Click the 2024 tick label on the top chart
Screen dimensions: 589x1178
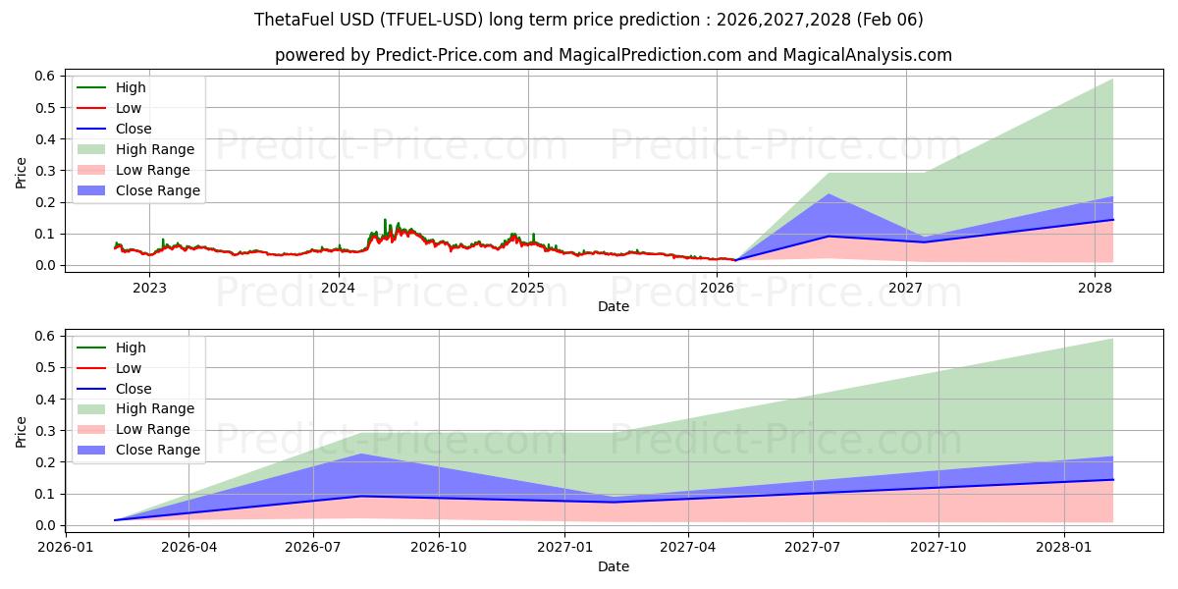coord(339,288)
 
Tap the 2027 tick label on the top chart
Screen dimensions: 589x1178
coord(905,288)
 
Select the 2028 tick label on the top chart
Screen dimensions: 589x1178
coord(1095,288)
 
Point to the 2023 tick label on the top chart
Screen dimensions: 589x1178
coord(149,288)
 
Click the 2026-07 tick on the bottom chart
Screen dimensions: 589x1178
coord(313,548)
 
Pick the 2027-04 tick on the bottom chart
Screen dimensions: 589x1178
coord(688,548)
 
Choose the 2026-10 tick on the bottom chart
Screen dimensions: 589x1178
coord(439,548)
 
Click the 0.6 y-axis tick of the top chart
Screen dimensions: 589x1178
coord(45,77)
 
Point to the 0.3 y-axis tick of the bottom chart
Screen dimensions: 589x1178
coord(45,431)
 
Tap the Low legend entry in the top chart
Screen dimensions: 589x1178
coord(129,108)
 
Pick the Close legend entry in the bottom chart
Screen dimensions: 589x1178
coord(134,389)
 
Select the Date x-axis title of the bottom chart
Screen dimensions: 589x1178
coord(614,566)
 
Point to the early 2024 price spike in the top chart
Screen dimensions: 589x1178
coord(385,221)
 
